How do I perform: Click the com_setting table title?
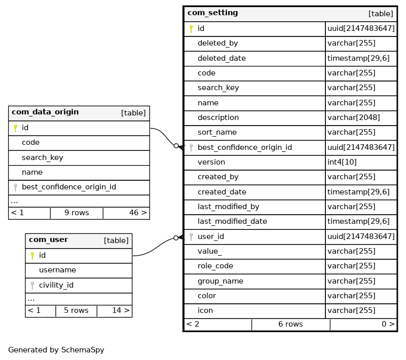click(x=212, y=13)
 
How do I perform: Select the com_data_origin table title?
click(x=45, y=112)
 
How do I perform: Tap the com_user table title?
click(x=48, y=240)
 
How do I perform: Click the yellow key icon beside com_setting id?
click(x=191, y=29)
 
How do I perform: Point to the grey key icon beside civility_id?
click(x=32, y=286)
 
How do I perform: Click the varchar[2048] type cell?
click(x=353, y=117)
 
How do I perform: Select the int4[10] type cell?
click(x=344, y=162)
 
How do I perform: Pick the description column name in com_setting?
click(x=218, y=117)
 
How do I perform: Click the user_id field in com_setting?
click(x=211, y=236)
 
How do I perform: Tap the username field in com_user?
click(x=57, y=270)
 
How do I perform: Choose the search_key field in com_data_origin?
click(x=42, y=157)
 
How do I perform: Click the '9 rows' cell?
click(x=77, y=213)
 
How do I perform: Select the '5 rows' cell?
click(x=76, y=310)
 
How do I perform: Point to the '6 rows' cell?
click(x=290, y=324)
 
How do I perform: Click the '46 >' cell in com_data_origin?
click(x=138, y=213)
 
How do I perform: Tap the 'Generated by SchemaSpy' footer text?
click(x=56, y=350)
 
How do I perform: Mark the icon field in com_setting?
click(x=205, y=310)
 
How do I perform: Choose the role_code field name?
click(x=215, y=266)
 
